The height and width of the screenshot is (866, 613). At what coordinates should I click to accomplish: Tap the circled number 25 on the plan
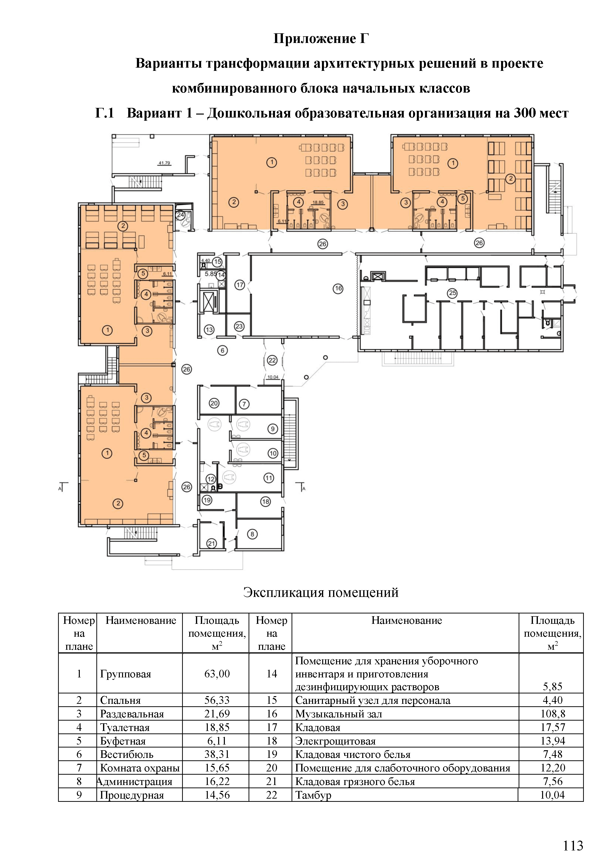click(452, 293)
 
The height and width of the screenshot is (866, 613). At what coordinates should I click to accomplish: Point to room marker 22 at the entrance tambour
click(272, 360)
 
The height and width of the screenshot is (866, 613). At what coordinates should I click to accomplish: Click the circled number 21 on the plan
click(211, 544)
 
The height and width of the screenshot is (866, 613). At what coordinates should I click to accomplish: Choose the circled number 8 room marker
click(252, 534)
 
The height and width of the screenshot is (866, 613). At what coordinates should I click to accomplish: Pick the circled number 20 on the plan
click(214, 403)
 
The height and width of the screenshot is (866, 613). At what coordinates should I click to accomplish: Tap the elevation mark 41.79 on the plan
click(164, 163)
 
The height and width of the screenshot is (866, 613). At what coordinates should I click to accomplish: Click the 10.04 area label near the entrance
click(273, 377)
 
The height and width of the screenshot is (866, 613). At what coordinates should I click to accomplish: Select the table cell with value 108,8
click(553, 714)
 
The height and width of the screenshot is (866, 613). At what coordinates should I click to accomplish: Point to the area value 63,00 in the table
click(217, 674)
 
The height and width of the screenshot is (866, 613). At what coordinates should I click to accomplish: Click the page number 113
click(573, 846)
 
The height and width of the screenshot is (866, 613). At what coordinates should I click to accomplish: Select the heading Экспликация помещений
click(321, 592)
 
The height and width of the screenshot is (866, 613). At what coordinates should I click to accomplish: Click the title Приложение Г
click(321, 39)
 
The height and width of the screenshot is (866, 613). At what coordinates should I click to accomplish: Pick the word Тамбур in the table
click(313, 795)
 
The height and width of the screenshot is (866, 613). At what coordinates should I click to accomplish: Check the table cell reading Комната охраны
click(140, 768)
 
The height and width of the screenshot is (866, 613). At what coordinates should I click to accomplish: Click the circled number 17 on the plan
click(240, 285)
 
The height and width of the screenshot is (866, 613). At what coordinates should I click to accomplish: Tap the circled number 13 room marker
click(209, 330)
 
